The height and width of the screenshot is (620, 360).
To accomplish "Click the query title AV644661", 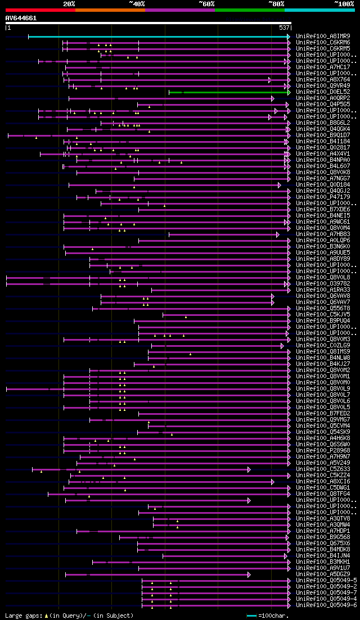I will [21, 18].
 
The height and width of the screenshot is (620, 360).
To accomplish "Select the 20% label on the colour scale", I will [69, 4].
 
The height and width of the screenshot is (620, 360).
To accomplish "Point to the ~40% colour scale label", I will [137, 4].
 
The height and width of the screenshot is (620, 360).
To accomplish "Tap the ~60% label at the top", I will [206, 4].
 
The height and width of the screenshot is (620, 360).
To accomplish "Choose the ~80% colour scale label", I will [276, 4].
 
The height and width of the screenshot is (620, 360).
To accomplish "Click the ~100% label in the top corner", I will [344, 4].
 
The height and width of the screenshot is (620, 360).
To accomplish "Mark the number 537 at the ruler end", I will [284, 28].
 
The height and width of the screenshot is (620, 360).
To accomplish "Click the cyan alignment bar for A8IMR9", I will [157, 37].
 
